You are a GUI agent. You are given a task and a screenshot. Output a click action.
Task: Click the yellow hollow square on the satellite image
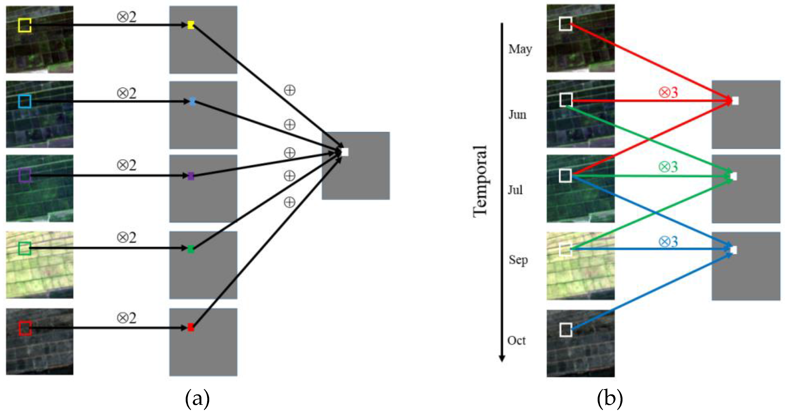[x=24, y=25]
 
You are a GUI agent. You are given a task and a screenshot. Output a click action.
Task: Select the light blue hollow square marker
[x=24, y=101]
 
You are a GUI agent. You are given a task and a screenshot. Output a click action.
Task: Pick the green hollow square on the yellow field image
[x=24, y=249]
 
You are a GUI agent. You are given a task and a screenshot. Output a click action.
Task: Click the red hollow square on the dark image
[x=25, y=328]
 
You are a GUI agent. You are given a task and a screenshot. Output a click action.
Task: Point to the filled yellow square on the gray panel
[x=191, y=25]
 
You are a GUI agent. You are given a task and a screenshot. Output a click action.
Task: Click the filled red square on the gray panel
[x=191, y=327]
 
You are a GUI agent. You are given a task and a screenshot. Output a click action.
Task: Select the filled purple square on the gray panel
[x=191, y=176]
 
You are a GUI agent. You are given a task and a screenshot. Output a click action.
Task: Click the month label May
[x=520, y=49]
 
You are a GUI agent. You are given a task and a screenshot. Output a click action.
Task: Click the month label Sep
[x=518, y=260]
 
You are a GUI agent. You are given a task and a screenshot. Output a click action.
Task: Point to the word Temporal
[x=480, y=182]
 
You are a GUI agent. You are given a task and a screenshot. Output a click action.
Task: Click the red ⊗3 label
[x=668, y=92]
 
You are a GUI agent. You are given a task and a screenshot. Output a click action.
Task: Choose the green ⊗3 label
[x=668, y=167]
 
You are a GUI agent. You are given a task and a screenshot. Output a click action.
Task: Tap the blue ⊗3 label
[x=668, y=242]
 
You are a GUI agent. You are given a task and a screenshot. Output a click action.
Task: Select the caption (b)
[x=610, y=398]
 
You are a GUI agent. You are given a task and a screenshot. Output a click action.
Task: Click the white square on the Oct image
[x=565, y=330]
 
